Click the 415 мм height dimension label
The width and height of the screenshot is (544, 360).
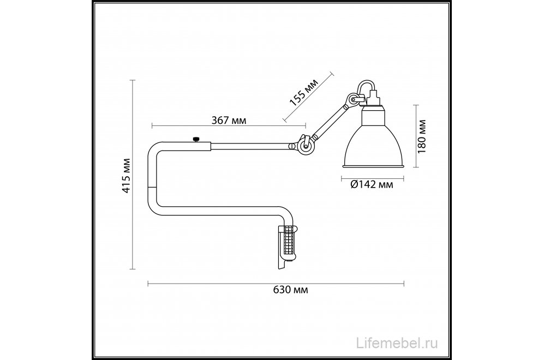[125, 176]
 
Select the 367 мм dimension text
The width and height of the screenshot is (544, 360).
[228, 121]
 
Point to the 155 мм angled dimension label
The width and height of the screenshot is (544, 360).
[303, 92]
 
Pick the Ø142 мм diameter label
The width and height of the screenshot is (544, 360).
[372, 185]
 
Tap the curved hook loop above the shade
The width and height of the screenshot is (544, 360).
[366, 87]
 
